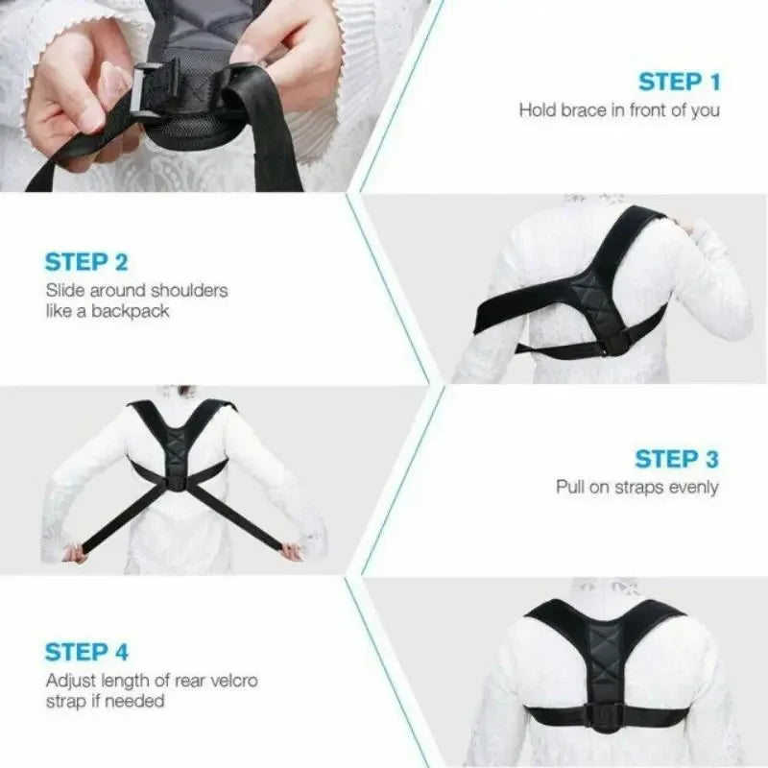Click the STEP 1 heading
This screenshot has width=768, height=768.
coord(679,81)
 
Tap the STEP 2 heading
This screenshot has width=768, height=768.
coord(85,261)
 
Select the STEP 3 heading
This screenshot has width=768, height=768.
coord(677,459)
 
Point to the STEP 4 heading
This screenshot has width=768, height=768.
coord(85,653)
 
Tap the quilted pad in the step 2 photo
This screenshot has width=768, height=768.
coord(587,294)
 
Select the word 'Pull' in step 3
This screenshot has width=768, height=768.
coord(571,488)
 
